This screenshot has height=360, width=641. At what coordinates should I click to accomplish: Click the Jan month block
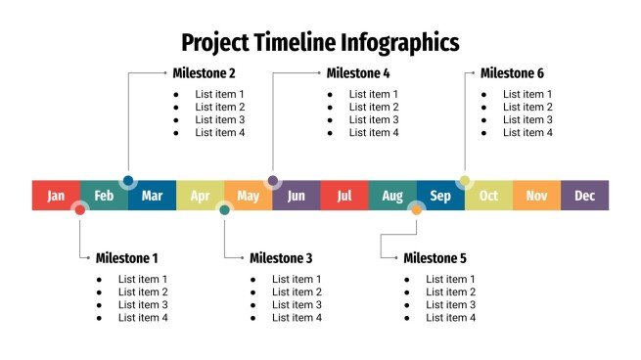tap(56, 196)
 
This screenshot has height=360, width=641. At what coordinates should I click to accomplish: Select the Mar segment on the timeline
tap(152, 196)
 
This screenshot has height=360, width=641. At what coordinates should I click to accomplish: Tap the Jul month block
tap(344, 196)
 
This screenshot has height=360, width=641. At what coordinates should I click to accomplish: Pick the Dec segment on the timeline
tap(584, 196)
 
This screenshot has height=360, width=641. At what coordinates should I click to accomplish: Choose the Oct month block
tap(488, 196)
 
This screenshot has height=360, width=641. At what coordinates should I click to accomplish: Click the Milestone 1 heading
tap(126, 258)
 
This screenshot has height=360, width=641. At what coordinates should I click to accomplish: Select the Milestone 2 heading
tap(204, 73)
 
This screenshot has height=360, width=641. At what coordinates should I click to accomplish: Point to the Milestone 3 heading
tap(281, 258)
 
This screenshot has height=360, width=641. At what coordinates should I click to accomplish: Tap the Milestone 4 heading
tap(358, 73)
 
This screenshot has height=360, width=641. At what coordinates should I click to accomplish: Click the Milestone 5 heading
tap(435, 258)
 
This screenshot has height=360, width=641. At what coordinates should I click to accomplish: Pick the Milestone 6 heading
tap(512, 73)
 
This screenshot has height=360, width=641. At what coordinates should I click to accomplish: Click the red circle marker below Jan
tap(80, 209)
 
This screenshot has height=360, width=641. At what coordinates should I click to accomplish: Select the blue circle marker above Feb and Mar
tap(128, 181)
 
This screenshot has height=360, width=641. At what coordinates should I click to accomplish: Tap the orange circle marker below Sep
tap(417, 209)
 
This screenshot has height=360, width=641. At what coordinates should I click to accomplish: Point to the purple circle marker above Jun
tap(273, 181)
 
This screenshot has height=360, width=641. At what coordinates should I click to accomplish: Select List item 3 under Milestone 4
tap(374, 119)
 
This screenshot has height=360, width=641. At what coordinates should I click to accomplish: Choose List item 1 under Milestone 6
tap(527, 94)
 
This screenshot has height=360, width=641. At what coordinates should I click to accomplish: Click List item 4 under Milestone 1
tap(143, 317)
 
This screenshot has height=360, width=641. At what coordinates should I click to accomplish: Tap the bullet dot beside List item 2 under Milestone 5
tap(406, 292)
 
